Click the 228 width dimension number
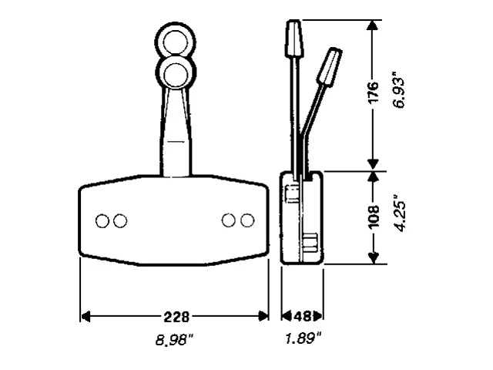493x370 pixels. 176,317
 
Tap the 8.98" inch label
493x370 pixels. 174,338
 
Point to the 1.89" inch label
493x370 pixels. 302,338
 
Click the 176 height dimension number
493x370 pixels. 374,93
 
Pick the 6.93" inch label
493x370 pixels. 398,92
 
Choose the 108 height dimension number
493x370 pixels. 374,217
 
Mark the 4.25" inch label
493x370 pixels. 398,217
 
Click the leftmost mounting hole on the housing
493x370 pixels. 102,221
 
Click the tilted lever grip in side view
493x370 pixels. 330,67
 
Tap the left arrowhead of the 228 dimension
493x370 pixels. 86,317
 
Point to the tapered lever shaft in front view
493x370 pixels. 175,131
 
